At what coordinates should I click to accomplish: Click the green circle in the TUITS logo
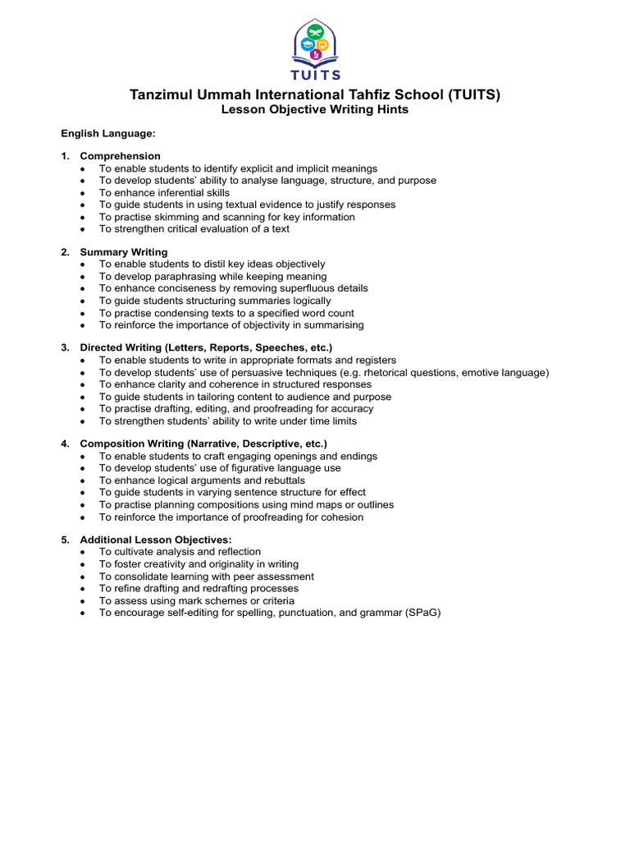(315, 33)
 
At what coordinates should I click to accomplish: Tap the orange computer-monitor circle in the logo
(322, 44)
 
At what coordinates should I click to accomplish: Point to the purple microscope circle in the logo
(315, 55)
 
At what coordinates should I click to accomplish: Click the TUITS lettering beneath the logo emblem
(315, 76)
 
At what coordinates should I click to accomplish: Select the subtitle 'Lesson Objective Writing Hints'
(315, 109)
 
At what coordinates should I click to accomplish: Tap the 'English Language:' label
(107, 132)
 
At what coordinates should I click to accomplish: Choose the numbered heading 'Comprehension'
(120, 156)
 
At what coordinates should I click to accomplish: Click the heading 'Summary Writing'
(123, 252)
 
